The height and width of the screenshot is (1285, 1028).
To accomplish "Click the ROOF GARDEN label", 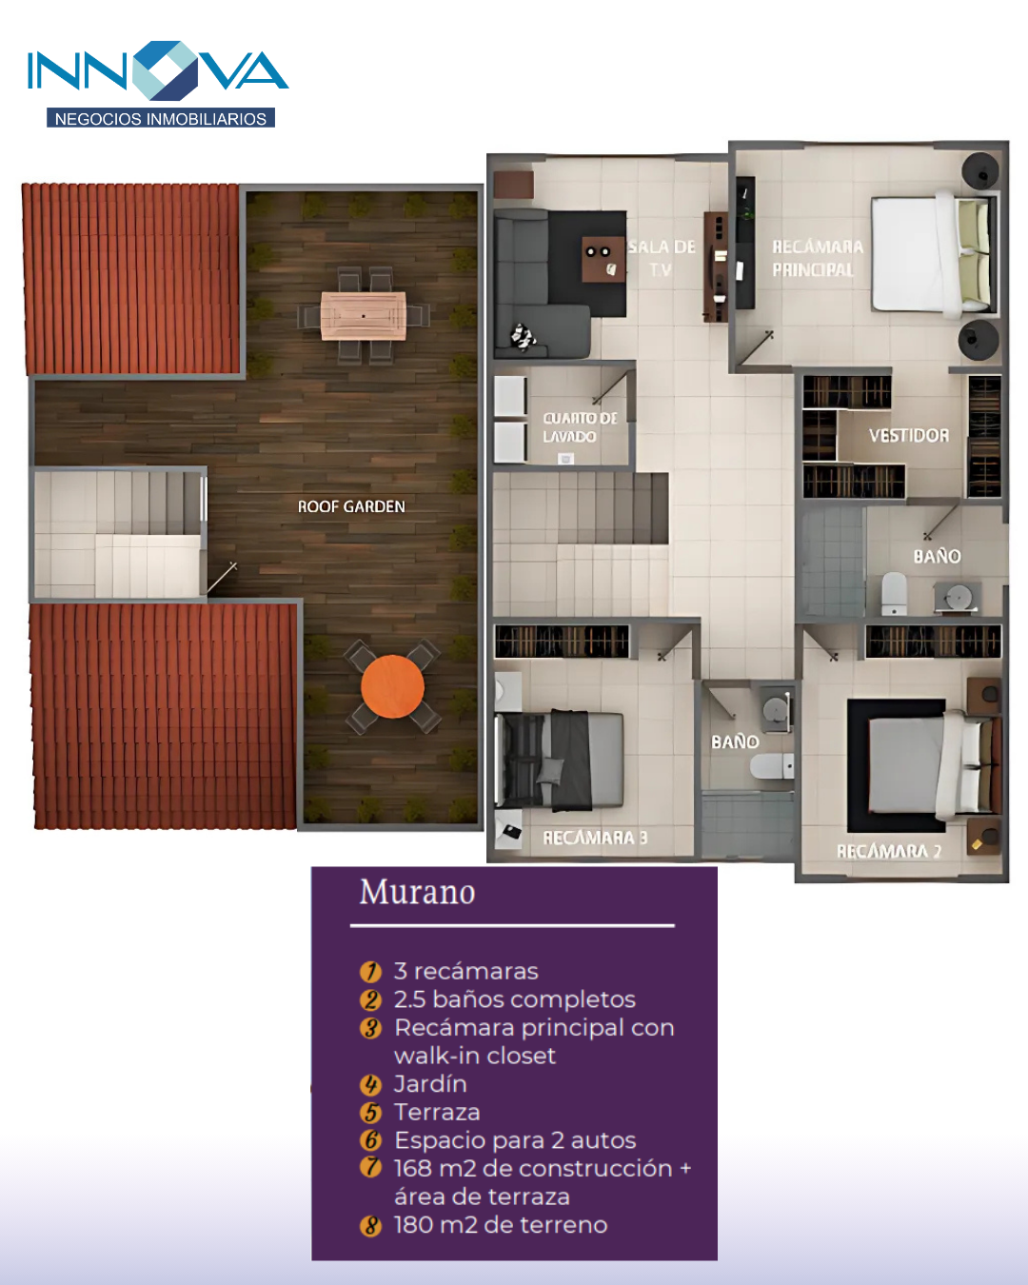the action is tap(351, 506).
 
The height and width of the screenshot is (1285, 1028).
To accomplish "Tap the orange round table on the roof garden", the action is tap(392, 686).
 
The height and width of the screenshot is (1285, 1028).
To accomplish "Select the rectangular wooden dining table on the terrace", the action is tap(364, 315).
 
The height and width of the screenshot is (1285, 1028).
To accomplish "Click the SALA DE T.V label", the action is tap(662, 258).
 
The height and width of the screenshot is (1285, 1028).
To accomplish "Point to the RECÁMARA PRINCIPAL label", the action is tap(817, 258).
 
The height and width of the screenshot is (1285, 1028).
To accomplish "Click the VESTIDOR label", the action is tap(908, 435).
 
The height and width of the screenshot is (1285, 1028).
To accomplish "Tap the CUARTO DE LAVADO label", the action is tap(580, 427).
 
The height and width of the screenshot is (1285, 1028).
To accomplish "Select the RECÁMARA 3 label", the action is tap(595, 838).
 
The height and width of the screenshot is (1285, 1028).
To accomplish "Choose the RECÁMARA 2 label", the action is tap(889, 851).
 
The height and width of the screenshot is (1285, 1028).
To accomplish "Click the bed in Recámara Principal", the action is tap(933, 254).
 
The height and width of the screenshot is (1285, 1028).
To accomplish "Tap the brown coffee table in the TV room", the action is tap(603, 258).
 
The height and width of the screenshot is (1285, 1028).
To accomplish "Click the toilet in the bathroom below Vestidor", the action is tap(894, 593).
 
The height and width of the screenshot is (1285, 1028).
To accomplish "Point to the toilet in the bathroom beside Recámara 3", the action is tap(772, 766).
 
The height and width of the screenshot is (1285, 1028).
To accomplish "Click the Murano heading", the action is tap(417, 892).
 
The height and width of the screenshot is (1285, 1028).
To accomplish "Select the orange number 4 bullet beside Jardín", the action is tap(370, 1084).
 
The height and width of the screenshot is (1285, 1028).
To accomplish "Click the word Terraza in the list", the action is tap(437, 1113).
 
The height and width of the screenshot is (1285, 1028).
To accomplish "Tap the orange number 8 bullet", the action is tap(370, 1226).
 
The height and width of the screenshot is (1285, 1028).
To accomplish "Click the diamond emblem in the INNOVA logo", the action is tap(165, 69).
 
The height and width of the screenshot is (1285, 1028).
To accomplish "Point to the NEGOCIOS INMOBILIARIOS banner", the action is tap(161, 118).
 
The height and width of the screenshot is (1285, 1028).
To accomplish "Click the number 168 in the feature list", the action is tap(412, 1169).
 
